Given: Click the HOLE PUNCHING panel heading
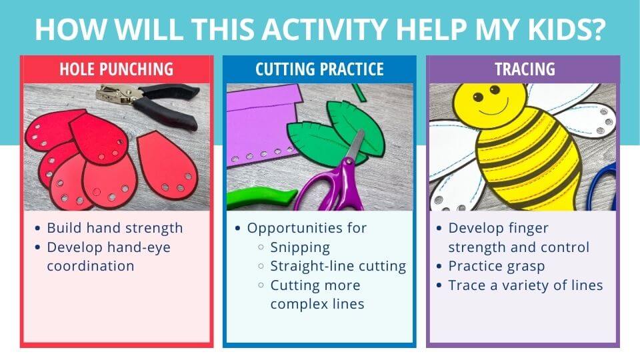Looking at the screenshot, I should tap(116, 69).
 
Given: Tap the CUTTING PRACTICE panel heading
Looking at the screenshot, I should tap(319, 69).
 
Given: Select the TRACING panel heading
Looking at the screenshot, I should tap(524, 69).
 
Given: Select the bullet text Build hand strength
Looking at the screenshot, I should tap(115, 227).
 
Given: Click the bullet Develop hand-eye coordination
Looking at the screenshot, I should tap(109, 256).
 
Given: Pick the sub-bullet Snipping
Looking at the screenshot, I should tap(300, 247).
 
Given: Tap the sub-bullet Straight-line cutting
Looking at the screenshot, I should tap(338, 266).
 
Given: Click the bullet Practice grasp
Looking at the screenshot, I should tap(496, 266).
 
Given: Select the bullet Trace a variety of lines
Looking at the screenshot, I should tap(525, 285).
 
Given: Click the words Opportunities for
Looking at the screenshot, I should tap(307, 227).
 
